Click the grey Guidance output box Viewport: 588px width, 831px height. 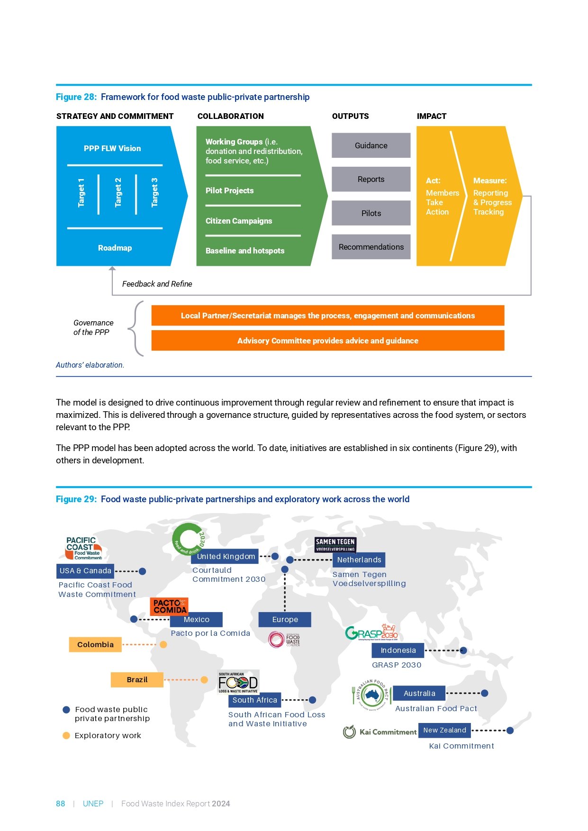[x=371, y=145]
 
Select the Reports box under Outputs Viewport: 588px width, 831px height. [x=371, y=179]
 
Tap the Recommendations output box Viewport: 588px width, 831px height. [x=371, y=247]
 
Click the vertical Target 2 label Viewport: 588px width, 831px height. [x=118, y=193]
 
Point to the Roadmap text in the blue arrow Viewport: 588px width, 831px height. [x=115, y=248]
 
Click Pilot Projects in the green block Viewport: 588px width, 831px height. [x=229, y=190]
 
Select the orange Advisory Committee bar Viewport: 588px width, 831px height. [x=327, y=341]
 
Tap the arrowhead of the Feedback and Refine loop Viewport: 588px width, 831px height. [x=112, y=269]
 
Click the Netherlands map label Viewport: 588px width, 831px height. [x=359, y=560]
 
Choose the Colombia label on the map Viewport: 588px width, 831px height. [x=95, y=644]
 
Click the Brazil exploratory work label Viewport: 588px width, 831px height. [x=137, y=679]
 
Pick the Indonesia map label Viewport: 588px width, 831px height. [x=398, y=650]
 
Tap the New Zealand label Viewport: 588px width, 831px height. [x=444, y=730]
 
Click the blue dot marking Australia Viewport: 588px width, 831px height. [x=485, y=693]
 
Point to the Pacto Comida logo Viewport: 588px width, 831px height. [x=170, y=606]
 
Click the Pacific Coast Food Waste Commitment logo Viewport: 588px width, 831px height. [x=83, y=549]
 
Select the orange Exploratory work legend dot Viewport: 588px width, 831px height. [x=66, y=735]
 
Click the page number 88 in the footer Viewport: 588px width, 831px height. [x=60, y=804]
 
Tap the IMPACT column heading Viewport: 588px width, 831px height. [x=431, y=116]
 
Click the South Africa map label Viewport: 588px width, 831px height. [x=254, y=700]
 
